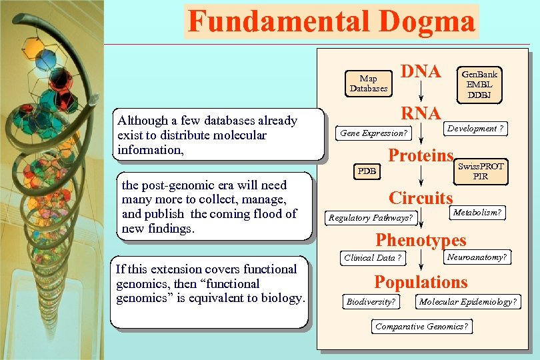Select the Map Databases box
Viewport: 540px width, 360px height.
(369, 83)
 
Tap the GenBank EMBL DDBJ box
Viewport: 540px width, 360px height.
(479, 84)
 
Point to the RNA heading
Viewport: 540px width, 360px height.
(421, 113)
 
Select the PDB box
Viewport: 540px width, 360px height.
(367, 171)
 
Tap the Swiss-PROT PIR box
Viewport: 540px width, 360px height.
(481, 171)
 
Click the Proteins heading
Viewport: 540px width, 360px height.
(421, 156)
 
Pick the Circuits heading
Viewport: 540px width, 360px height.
(421, 198)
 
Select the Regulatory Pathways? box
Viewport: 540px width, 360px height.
(371, 217)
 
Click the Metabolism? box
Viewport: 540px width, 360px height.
(477, 213)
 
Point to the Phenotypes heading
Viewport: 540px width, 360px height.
(421, 240)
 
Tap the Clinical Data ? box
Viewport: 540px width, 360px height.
(373, 258)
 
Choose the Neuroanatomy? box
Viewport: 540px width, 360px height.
(477, 257)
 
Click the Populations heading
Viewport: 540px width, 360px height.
(421, 282)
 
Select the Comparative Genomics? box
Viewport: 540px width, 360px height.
(421, 326)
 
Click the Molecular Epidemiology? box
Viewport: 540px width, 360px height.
(467, 302)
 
